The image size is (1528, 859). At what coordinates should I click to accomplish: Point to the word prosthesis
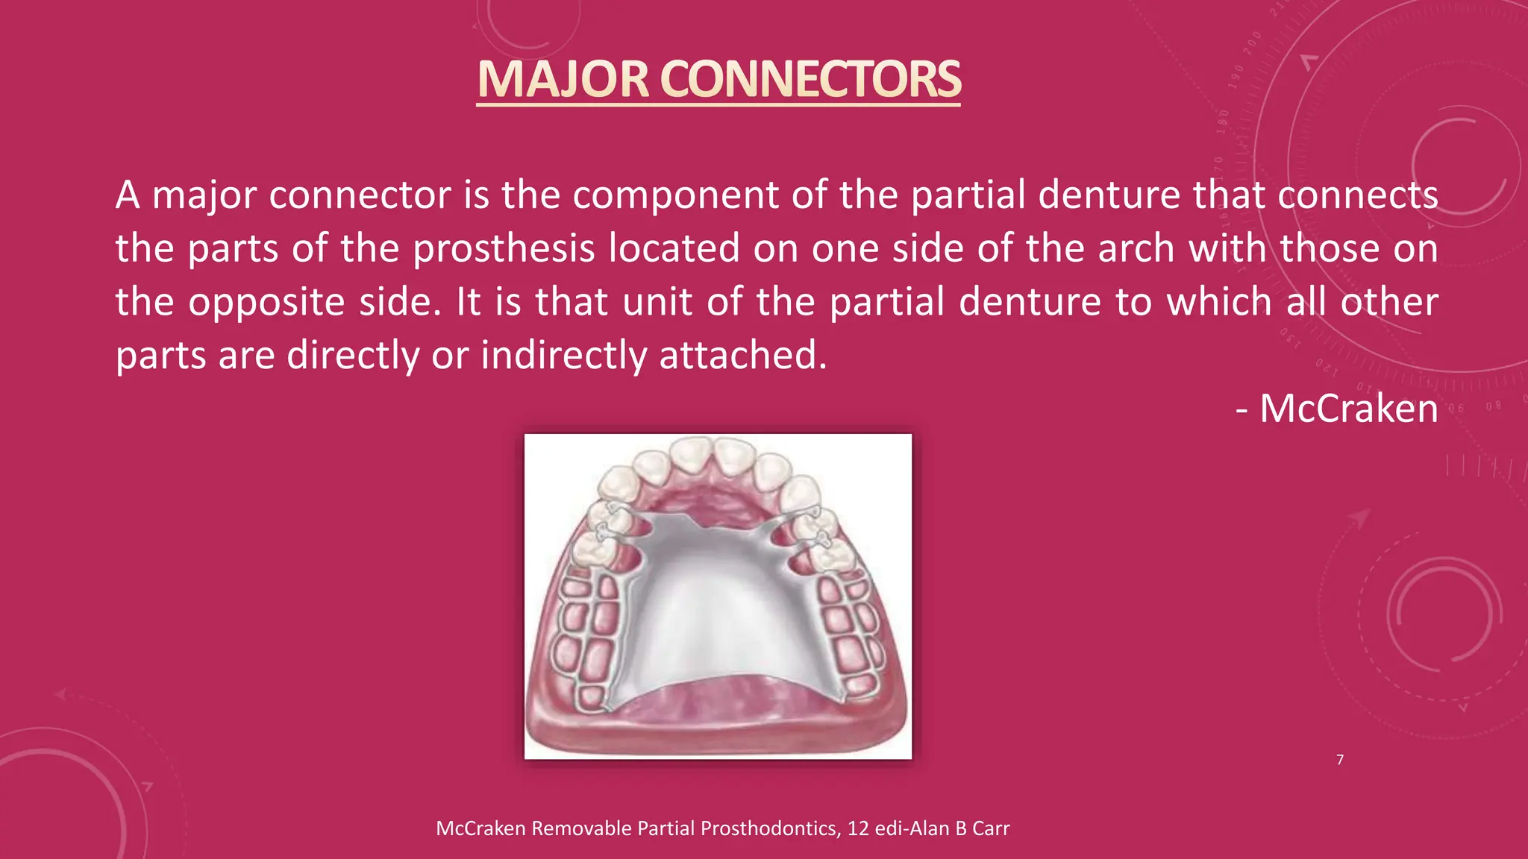504,248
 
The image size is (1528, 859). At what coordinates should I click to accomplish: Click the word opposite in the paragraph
267,303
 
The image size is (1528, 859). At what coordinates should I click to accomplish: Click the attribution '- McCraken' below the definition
1337,409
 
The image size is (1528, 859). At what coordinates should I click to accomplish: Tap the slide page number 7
1340,760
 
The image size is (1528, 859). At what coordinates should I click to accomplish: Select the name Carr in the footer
991,828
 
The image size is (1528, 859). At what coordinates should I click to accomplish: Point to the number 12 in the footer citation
858,828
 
